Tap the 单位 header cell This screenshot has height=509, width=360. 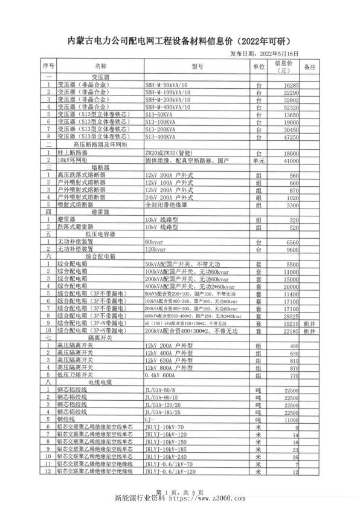[259, 66]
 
